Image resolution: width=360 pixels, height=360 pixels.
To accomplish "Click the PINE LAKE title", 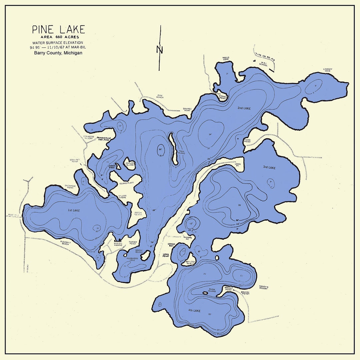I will tap(58, 29).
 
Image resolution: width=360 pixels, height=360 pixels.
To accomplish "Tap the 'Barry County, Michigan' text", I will tap(58, 53).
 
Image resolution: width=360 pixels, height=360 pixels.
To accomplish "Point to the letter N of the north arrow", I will tap(160, 50).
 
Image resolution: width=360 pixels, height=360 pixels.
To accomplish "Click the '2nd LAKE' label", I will tap(244, 108).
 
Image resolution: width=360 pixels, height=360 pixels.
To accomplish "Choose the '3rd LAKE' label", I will tap(269, 168).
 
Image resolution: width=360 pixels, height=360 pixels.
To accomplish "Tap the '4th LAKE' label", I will tap(194, 311).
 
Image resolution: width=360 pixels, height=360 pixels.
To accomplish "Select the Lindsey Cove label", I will tap(328, 70).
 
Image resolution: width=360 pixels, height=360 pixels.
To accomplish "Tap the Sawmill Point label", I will tap(187, 109).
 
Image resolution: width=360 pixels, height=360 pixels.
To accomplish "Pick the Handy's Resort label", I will tap(263, 287).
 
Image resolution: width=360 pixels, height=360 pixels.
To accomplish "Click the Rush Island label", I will tap(212, 290).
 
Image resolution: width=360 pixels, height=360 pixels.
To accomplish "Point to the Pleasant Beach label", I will tap(65, 243).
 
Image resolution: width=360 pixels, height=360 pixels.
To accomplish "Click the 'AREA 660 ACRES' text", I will tap(58, 37).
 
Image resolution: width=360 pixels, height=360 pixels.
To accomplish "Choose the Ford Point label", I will tap(247, 141).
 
